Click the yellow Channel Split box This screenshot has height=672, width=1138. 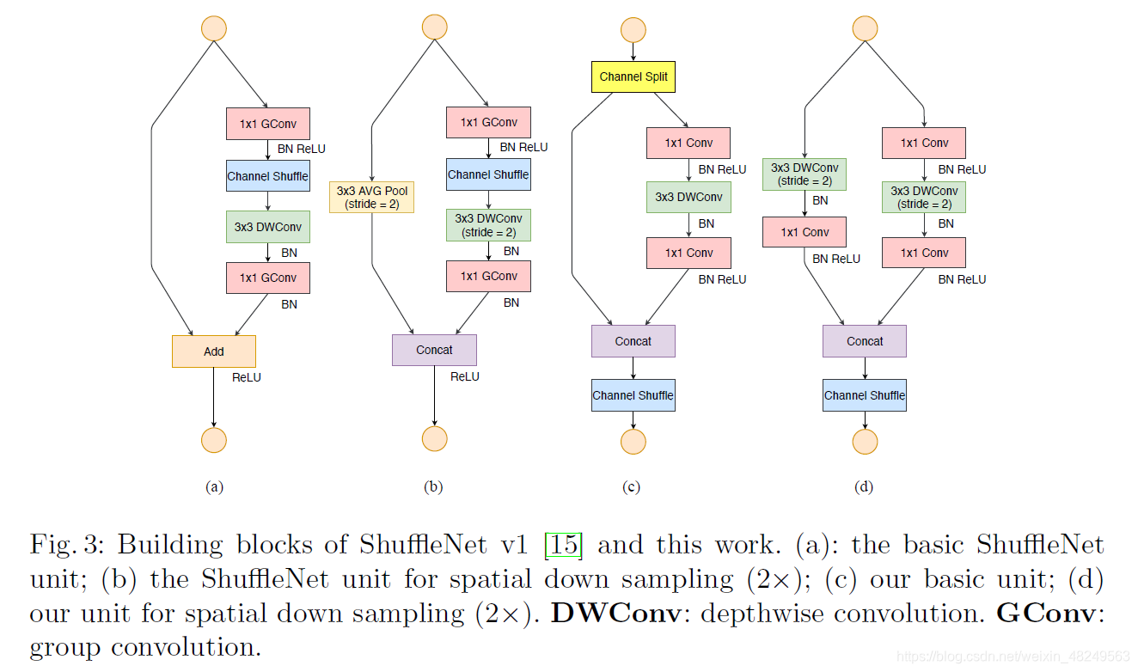(x=633, y=76)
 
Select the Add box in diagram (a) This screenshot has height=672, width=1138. (x=214, y=351)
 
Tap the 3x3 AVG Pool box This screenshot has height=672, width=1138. (x=371, y=197)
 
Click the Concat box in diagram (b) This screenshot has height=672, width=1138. (x=434, y=350)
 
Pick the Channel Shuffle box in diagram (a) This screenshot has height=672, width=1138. (x=267, y=176)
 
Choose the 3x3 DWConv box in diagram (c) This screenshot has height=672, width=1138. (x=688, y=197)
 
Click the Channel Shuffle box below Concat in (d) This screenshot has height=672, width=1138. (x=864, y=395)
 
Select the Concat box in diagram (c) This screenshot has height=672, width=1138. (x=633, y=341)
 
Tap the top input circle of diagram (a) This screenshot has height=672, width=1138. (x=213, y=28)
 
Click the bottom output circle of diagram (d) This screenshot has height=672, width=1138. (x=865, y=442)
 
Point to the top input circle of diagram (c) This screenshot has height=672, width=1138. (x=633, y=30)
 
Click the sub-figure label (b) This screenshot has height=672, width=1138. (x=433, y=487)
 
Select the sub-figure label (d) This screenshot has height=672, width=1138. (x=864, y=487)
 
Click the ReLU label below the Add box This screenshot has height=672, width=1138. (x=247, y=377)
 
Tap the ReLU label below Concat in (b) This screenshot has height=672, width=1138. (x=465, y=376)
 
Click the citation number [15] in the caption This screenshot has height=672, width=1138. (x=564, y=545)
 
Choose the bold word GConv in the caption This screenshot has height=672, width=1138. (x=1043, y=614)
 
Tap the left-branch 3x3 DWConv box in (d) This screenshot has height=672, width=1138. (x=805, y=174)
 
